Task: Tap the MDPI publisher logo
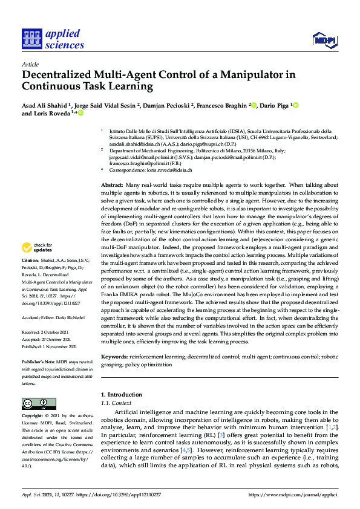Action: click(x=324, y=41)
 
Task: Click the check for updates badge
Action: click(x=37, y=247)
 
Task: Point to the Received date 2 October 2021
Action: click(x=50, y=331)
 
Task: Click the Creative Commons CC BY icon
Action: click(x=36, y=403)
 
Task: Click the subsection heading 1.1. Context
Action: click(x=116, y=403)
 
